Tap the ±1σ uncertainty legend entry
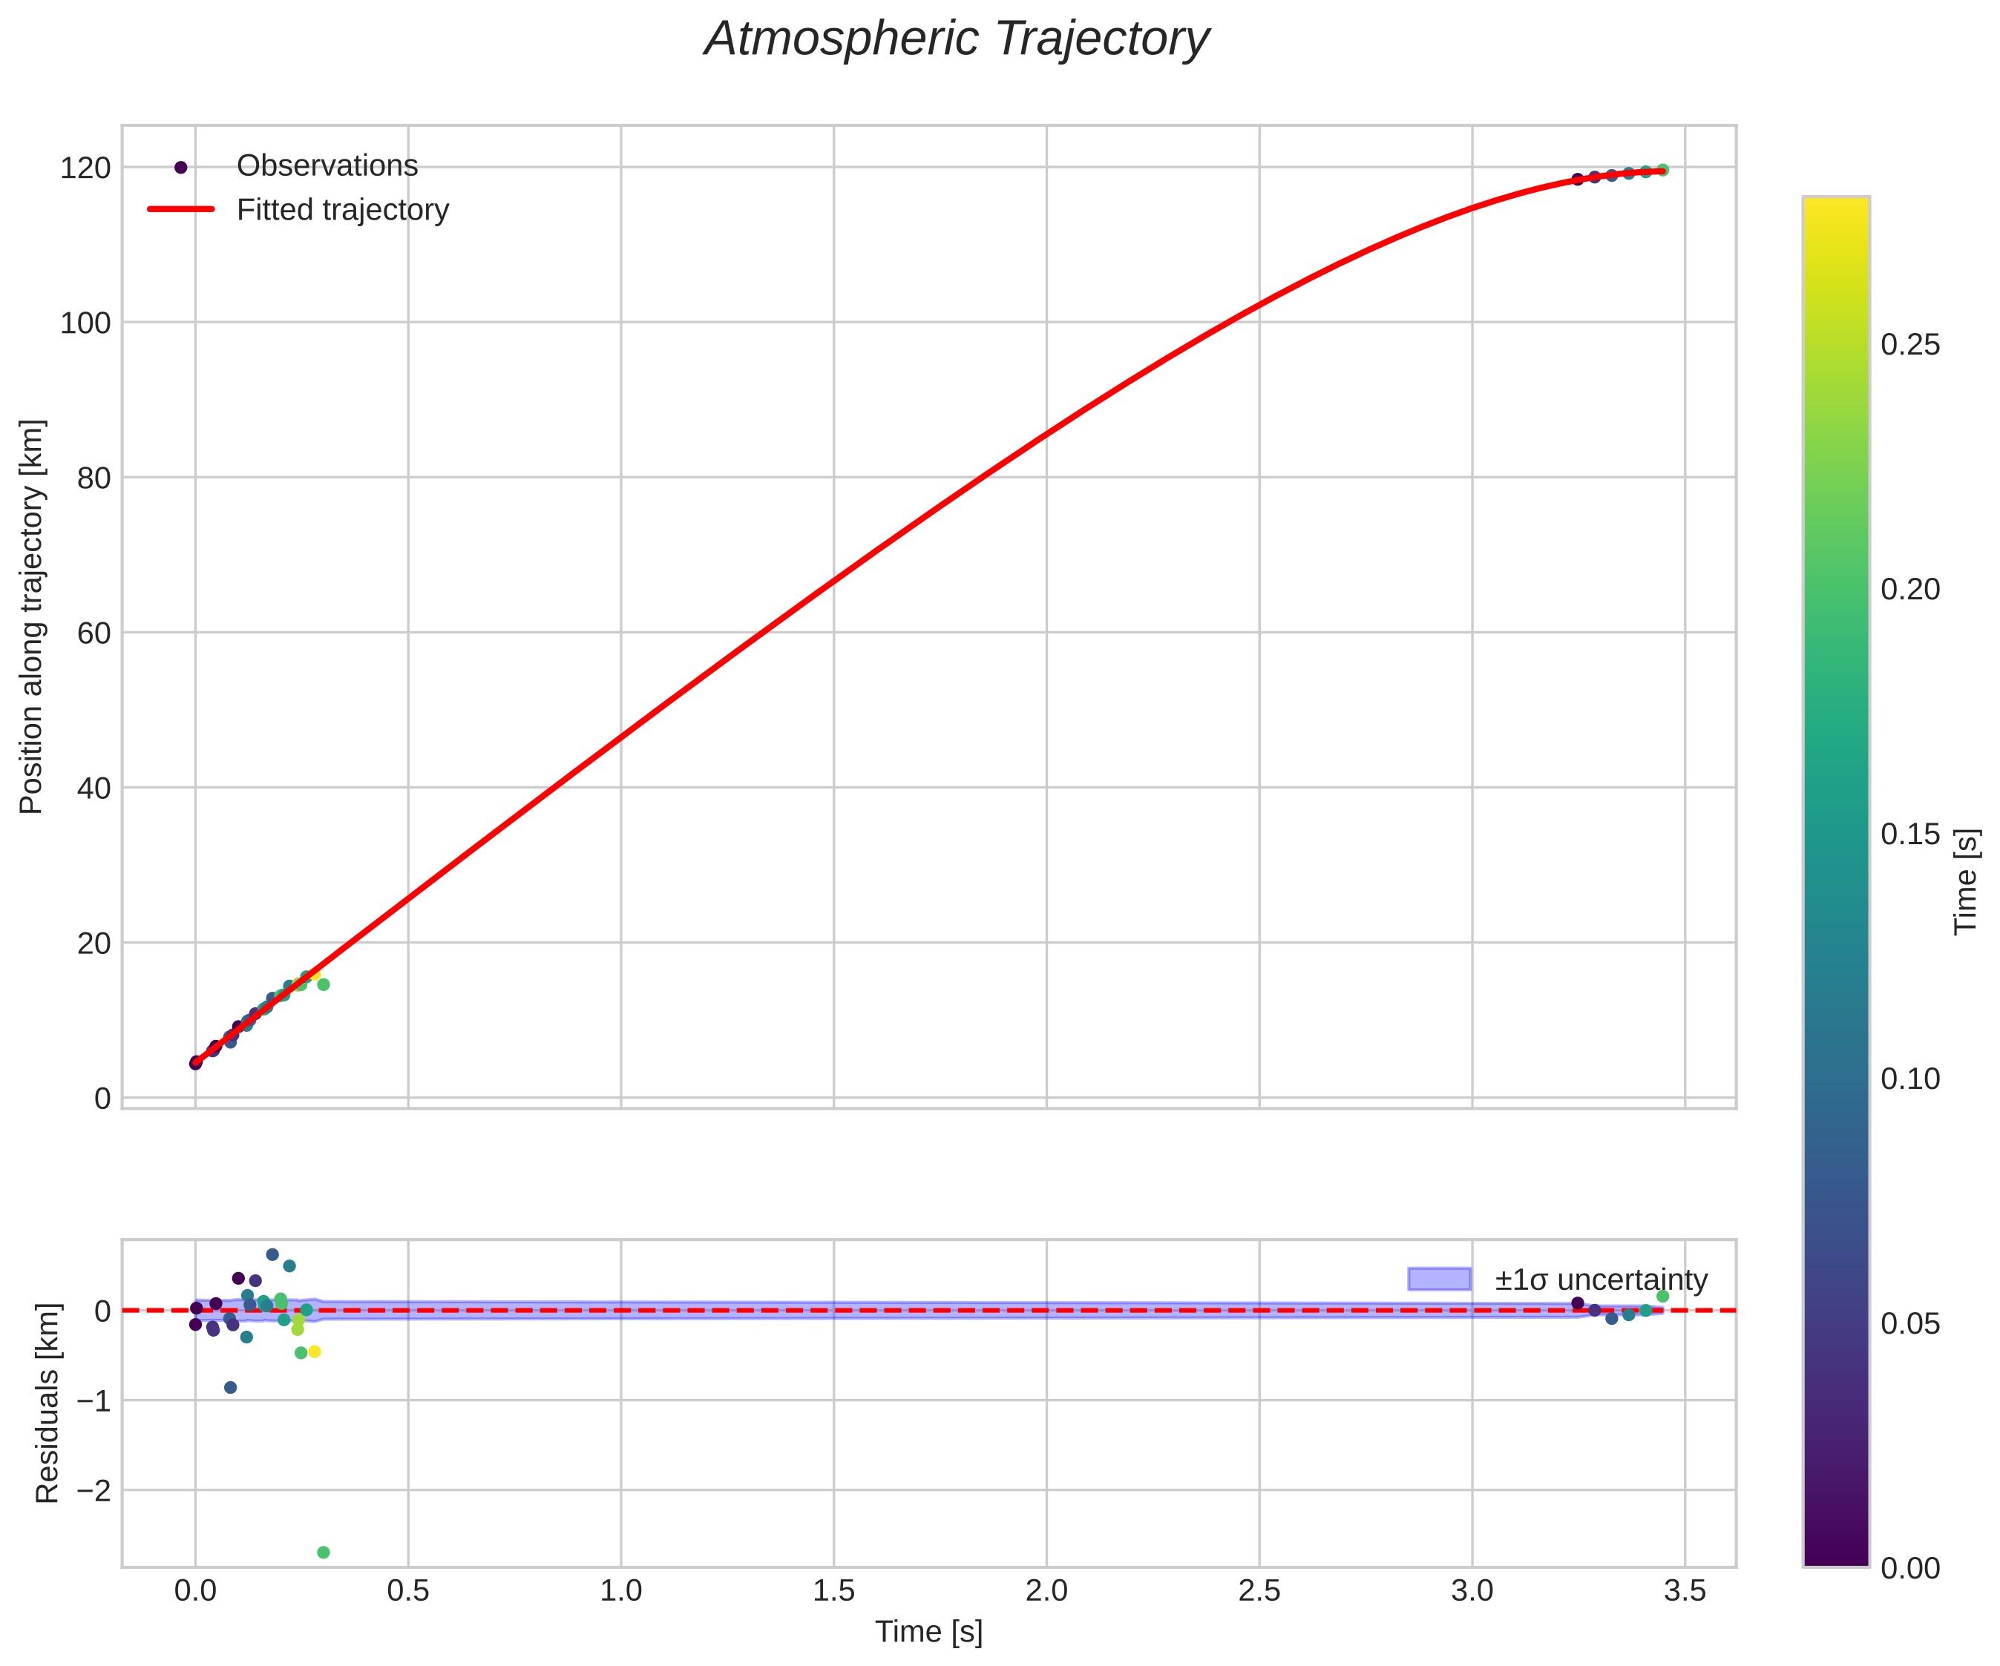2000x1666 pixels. coord(1600,1280)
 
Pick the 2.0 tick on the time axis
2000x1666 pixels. coord(1046,1592)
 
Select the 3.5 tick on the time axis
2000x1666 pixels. coord(1684,1592)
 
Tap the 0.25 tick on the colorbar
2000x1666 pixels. coord(1909,345)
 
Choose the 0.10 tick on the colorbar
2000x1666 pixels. coord(1909,1079)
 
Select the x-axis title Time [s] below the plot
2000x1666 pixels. coord(928,1632)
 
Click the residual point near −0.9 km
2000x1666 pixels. coord(231,1387)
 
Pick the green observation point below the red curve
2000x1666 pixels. coord(323,984)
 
